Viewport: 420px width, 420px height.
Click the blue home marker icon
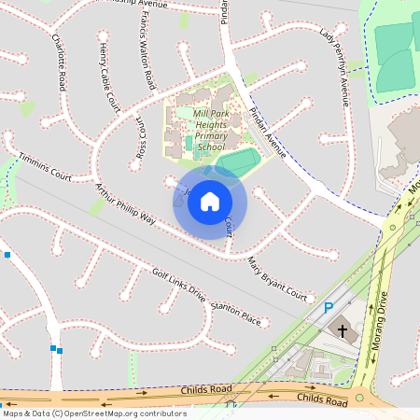pyautogui.click(x=209, y=201)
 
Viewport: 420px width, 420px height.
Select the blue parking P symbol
pyautogui.click(x=328, y=307)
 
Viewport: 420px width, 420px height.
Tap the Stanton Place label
pyautogui.click(x=235, y=313)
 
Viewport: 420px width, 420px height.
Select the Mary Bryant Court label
pyautogui.click(x=277, y=279)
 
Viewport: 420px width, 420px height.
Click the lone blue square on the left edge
pyautogui.click(x=7, y=254)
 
